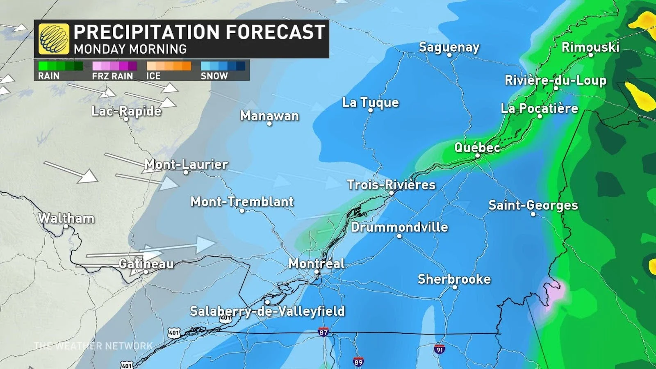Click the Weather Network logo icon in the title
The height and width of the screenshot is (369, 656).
coord(54,39)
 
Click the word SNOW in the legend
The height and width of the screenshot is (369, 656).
coord(214,76)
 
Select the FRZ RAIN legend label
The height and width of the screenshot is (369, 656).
coord(112,76)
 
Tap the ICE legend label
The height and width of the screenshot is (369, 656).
coord(153,76)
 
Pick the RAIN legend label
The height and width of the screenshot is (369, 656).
coord(49,76)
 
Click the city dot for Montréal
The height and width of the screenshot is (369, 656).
coord(317,272)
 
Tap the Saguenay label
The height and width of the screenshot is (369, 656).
coord(449,47)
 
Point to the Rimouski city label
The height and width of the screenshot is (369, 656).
coord(590,47)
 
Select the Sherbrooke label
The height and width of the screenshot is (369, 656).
coord(454,279)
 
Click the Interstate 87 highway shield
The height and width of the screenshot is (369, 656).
coord(323,332)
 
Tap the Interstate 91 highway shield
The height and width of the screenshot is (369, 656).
coord(440,349)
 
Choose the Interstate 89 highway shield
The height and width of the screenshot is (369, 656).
coord(358,362)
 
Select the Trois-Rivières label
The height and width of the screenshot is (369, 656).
coord(391,185)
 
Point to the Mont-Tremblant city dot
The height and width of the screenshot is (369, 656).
coord(242,211)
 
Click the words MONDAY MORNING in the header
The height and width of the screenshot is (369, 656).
coord(130,49)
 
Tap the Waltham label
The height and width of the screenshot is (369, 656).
coord(66,218)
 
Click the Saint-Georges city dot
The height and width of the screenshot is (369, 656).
coord(533,214)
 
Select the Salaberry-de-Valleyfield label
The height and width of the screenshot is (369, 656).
coord(267,311)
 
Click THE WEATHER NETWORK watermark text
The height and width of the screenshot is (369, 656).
coord(93,346)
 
